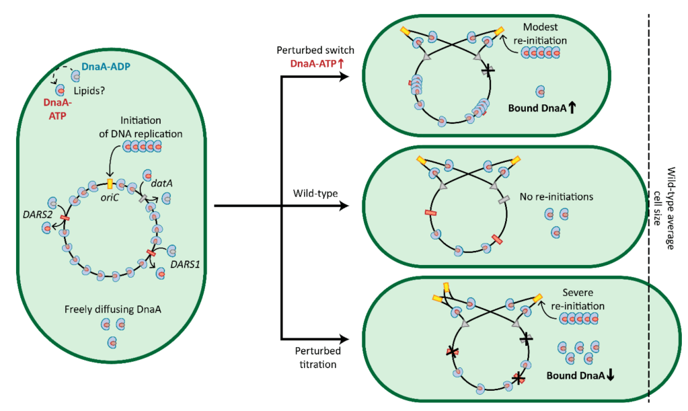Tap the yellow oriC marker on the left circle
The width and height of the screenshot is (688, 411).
110,183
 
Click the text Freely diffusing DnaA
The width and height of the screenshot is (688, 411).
110,310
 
